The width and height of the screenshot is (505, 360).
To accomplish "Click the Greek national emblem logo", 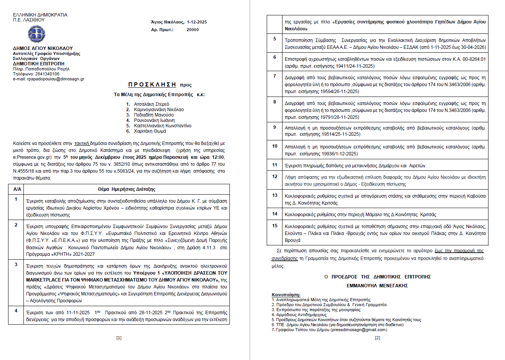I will (x=37, y=34).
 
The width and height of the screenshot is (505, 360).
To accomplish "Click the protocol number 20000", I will (x=193, y=30).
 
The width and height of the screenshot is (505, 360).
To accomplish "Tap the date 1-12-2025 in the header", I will (x=197, y=22).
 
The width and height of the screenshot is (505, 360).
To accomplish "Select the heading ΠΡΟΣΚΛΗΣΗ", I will (x=152, y=85).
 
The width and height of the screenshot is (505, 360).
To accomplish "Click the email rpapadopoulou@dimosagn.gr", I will (x=56, y=79).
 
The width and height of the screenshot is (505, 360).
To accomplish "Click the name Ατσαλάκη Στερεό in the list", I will (x=151, y=104).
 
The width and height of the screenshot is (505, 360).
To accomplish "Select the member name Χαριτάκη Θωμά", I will (x=150, y=131).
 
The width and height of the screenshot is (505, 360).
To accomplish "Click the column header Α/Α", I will (x=17, y=189).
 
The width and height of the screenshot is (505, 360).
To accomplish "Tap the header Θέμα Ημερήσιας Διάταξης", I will (x=126, y=189).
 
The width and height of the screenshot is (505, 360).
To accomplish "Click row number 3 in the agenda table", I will (x=16, y=265).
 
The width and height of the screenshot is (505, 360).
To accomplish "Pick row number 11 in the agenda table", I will (x=275, y=165).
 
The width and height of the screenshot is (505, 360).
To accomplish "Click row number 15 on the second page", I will (x=275, y=226).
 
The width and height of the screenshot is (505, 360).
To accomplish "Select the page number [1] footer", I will (x=119, y=338).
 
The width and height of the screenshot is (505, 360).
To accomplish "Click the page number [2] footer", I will (x=377, y=338).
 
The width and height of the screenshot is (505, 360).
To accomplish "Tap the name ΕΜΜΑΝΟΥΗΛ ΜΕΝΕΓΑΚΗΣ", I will (x=377, y=286).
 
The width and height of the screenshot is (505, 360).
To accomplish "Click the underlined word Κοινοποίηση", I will (x=286, y=295).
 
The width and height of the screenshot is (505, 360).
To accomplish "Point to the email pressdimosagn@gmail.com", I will (x=359, y=330).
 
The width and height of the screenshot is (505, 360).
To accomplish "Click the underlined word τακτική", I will (x=81, y=143).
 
